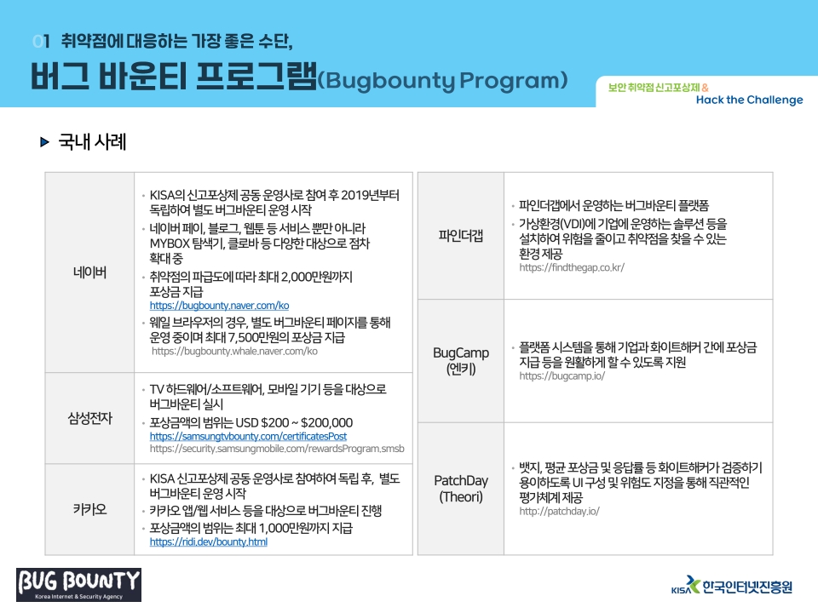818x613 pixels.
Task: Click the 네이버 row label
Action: pyautogui.click(x=89, y=272)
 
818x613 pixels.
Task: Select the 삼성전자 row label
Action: pyautogui.click(x=89, y=418)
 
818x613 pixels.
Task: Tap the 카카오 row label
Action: pyautogui.click(x=89, y=509)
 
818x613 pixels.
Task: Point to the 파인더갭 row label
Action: pyautogui.click(x=461, y=236)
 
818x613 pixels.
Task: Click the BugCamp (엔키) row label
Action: pyautogui.click(x=461, y=361)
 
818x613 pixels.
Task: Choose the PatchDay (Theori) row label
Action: pyautogui.click(x=461, y=489)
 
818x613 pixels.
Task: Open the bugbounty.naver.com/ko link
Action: pyautogui.click(x=219, y=306)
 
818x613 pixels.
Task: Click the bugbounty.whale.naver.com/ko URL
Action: pyautogui.click(x=234, y=352)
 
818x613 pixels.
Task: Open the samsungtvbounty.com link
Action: pyautogui.click(x=248, y=436)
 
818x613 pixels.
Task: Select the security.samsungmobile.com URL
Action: pyautogui.click(x=277, y=449)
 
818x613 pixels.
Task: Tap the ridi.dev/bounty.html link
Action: pyautogui.click(x=209, y=542)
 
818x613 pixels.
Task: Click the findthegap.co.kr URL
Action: pyautogui.click(x=572, y=267)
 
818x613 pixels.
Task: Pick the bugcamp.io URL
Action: pyautogui.click(x=562, y=375)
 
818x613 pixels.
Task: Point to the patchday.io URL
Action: pyautogui.click(x=559, y=512)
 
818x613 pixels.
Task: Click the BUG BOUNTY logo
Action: pyautogui.click(x=78, y=585)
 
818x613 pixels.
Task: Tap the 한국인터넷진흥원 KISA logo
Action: pyautogui.click(x=732, y=586)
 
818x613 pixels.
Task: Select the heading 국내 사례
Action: pyautogui.click(x=92, y=142)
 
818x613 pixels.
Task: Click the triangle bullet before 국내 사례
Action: pyautogui.click(x=45, y=142)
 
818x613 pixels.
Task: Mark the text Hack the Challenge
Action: pyautogui.click(x=750, y=100)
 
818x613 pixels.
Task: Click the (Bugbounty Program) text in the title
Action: pyautogui.click(x=442, y=80)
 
